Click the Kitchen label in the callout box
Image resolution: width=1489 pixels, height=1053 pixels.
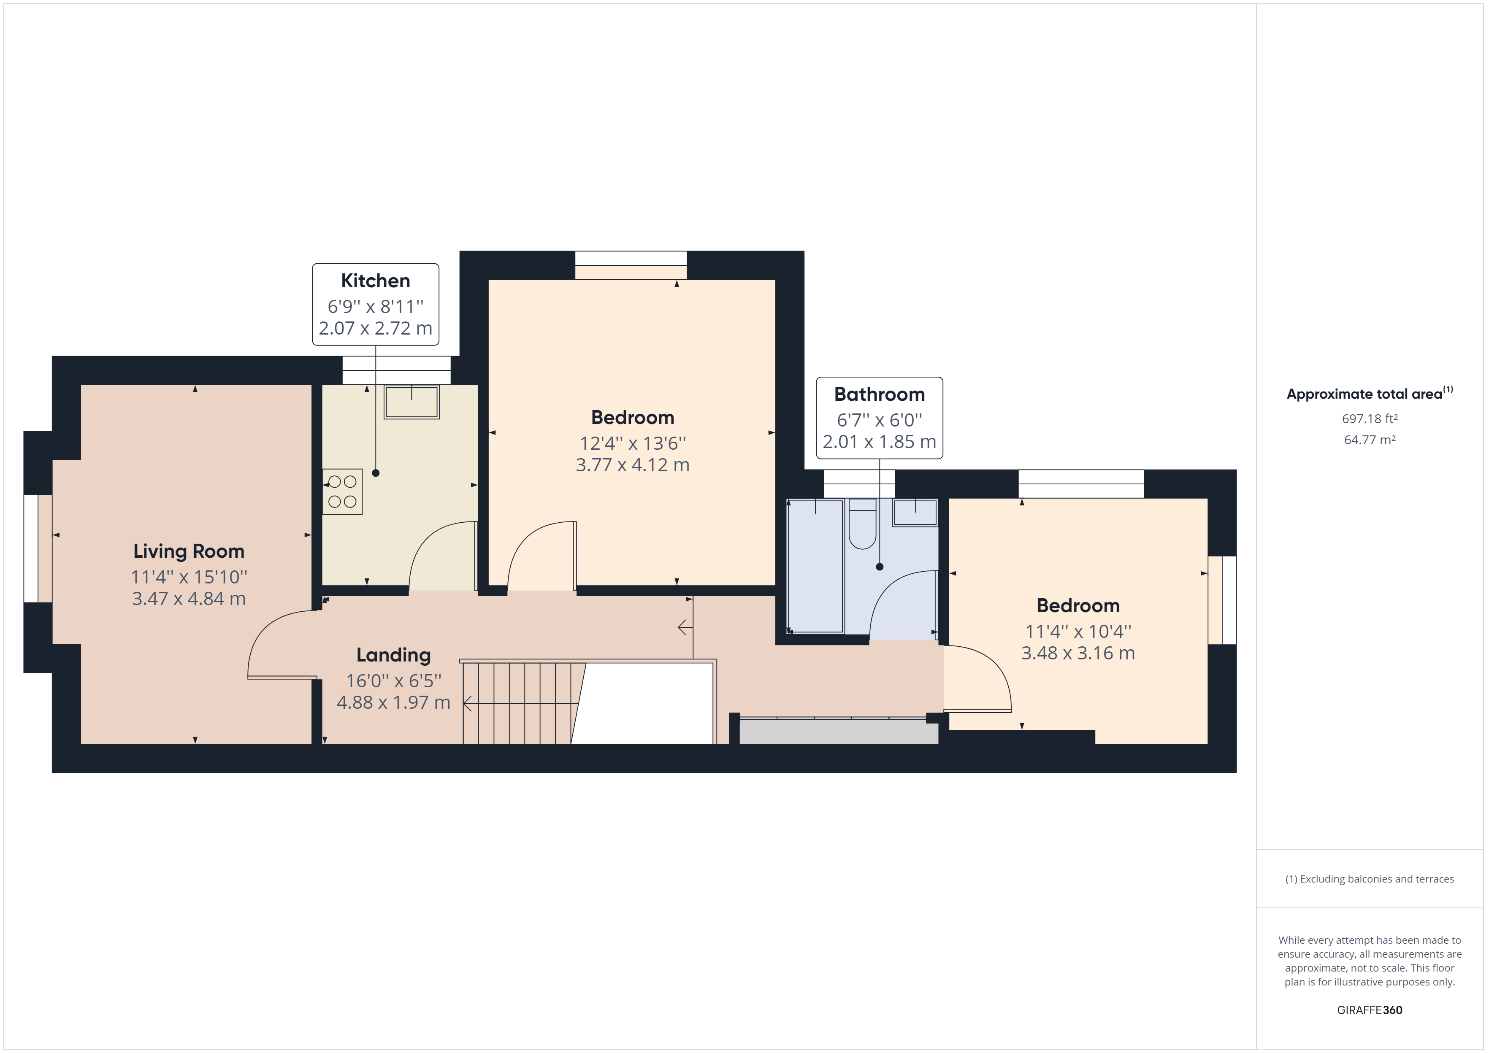[x=376, y=281]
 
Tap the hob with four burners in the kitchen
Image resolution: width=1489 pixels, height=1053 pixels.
[x=342, y=491]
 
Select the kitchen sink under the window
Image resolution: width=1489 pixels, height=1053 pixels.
[x=411, y=402]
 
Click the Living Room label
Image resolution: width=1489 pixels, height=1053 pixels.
[x=189, y=551]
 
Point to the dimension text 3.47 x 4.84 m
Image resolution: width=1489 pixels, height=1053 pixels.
[x=189, y=599]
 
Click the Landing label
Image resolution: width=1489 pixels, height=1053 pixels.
[x=394, y=655]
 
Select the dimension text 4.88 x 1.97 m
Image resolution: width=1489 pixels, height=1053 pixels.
[x=394, y=702]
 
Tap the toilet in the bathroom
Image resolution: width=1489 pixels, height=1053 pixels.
[x=863, y=525]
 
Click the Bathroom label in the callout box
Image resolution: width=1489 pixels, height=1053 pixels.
[x=880, y=394]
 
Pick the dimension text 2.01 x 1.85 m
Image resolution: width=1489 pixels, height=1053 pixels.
[x=880, y=442]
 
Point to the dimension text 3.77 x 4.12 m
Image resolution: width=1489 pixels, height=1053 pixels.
[x=632, y=465]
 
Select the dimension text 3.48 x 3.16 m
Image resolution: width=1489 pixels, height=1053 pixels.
[x=1078, y=653]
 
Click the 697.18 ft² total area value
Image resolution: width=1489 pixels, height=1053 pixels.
[x=1370, y=419]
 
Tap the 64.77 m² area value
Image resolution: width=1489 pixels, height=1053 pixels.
[x=1370, y=440]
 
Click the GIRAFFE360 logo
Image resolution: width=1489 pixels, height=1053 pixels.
[x=1370, y=1010]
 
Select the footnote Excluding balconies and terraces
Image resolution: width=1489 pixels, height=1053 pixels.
[x=1370, y=879]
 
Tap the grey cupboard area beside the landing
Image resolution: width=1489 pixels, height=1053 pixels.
[x=839, y=732]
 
